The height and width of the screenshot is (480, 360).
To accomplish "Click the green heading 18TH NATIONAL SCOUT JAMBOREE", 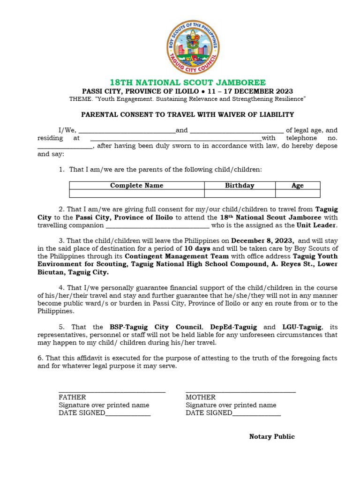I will (187, 82).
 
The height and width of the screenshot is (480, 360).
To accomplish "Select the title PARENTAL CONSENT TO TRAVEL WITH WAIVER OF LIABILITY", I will (187, 114).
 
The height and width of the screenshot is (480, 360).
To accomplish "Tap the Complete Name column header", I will (136, 186).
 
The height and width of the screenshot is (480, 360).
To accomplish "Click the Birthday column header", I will (240, 186).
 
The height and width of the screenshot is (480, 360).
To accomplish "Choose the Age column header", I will (298, 186).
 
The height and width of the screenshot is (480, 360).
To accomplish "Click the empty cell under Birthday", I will (240, 194).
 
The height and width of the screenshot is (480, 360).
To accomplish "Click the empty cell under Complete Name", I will (136, 194).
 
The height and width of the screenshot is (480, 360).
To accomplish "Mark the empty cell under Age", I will (298, 194).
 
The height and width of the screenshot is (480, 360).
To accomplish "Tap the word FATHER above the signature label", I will (72, 397).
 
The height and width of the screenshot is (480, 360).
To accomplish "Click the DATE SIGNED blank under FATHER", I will (128, 413).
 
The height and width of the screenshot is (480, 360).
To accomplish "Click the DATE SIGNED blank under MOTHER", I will (256, 413).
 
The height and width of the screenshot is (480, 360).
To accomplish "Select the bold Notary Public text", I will (272, 436).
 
